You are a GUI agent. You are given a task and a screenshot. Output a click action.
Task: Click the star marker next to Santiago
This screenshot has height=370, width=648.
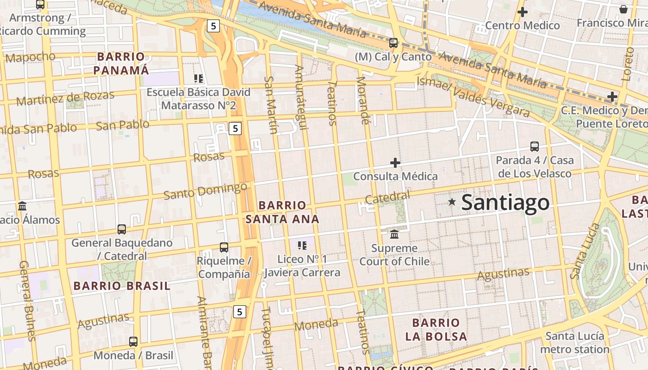pyautogui.click(x=452, y=202)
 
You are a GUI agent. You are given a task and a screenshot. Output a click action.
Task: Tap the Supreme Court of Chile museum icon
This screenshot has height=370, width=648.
pyautogui.click(x=394, y=234)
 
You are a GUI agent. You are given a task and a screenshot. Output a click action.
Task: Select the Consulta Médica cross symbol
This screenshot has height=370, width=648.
pyautogui.click(x=395, y=163)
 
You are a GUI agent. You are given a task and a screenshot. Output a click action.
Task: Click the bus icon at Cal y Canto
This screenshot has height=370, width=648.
pyautogui.click(x=393, y=43)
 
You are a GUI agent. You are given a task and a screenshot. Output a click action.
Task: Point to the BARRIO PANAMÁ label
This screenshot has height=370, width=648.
pyautogui.click(x=121, y=63)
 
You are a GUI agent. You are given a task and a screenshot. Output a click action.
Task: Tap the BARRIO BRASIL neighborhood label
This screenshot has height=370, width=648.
pyautogui.click(x=122, y=286)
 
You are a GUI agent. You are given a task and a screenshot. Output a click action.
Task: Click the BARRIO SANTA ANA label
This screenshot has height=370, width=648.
pyautogui.click(x=282, y=212)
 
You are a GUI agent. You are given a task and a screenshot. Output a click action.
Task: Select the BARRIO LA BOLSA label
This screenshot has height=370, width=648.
pyautogui.click(x=436, y=329)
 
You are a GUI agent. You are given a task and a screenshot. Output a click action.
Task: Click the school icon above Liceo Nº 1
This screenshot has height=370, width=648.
pyautogui.click(x=302, y=245)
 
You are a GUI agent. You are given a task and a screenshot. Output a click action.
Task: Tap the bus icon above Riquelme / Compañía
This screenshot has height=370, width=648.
pyautogui.click(x=224, y=247)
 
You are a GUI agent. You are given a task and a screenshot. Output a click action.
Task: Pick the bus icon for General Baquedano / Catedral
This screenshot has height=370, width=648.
pyautogui.click(x=122, y=229)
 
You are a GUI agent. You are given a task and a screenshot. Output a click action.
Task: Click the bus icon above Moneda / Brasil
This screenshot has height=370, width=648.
pyautogui.click(x=133, y=342)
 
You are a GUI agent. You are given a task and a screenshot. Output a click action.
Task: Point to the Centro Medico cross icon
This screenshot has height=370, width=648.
pyautogui.click(x=523, y=12)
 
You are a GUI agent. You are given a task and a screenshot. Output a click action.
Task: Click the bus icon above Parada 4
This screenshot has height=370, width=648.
pyautogui.click(x=535, y=147)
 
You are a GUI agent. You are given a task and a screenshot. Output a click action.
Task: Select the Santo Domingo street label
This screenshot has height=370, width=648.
pyautogui.click(x=206, y=191)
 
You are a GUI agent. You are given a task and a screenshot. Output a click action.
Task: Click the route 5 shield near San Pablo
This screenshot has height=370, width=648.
pyautogui.click(x=235, y=129)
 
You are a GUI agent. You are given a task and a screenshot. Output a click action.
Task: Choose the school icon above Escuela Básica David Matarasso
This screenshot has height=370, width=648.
pyautogui.click(x=199, y=79)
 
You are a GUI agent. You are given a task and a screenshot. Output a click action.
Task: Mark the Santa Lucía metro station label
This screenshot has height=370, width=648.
pyautogui.click(x=574, y=342)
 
